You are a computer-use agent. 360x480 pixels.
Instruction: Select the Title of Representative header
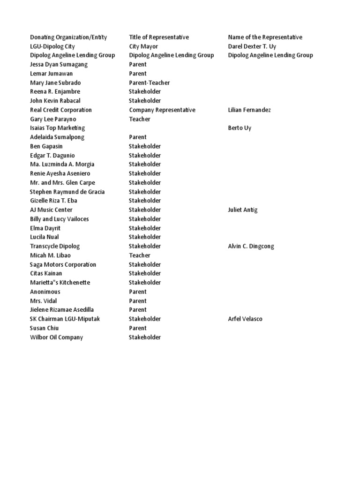click(159, 37)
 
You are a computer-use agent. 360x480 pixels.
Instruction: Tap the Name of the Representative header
click(265, 37)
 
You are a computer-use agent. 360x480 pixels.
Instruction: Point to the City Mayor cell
click(143, 46)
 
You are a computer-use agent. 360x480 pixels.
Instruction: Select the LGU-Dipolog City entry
click(52, 46)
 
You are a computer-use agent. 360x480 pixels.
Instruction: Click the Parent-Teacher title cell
click(150, 82)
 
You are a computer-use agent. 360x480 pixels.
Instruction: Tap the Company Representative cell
click(162, 110)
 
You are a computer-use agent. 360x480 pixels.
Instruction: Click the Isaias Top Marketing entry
click(57, 128)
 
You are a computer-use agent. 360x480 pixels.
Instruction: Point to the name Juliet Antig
click(243, 210)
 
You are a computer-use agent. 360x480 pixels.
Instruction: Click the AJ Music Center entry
click(51, 210)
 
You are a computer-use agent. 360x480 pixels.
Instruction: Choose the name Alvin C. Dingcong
click(251, 246)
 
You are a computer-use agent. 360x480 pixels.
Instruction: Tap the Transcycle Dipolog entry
click(55, 246)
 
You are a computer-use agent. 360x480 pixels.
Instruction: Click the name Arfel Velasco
click(245, 319)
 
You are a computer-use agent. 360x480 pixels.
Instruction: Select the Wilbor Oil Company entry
click(56, 337)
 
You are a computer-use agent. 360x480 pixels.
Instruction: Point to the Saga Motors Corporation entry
click(63, 264)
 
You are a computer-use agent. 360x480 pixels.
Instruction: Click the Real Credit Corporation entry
click(60, 110)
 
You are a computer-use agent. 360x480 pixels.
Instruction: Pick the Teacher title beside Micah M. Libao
click(140, 255)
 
